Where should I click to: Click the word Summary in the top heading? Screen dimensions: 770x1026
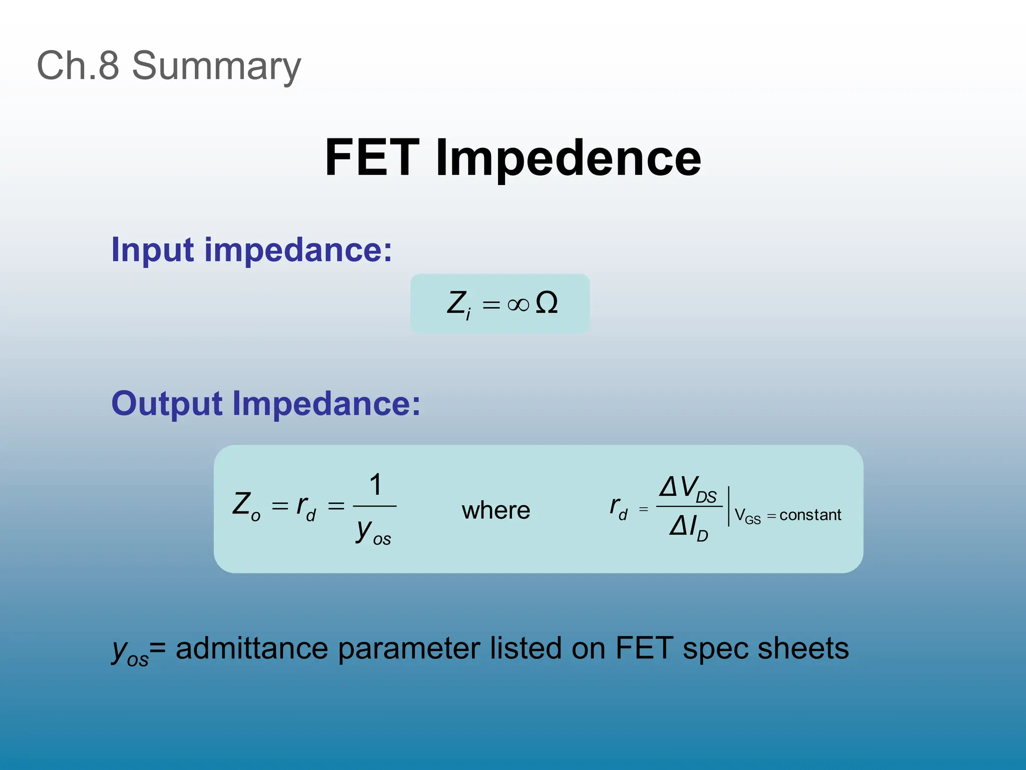[216, 67]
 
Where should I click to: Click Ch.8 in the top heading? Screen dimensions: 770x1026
[78, 66]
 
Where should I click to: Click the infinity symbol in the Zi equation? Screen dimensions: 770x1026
[518, 304]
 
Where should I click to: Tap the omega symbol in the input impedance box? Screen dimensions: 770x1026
[547, 303]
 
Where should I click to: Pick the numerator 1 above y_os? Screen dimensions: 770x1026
[376, 485]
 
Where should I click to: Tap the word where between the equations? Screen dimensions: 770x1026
[496, 511]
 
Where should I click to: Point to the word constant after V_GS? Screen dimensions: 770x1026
[810, 515]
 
